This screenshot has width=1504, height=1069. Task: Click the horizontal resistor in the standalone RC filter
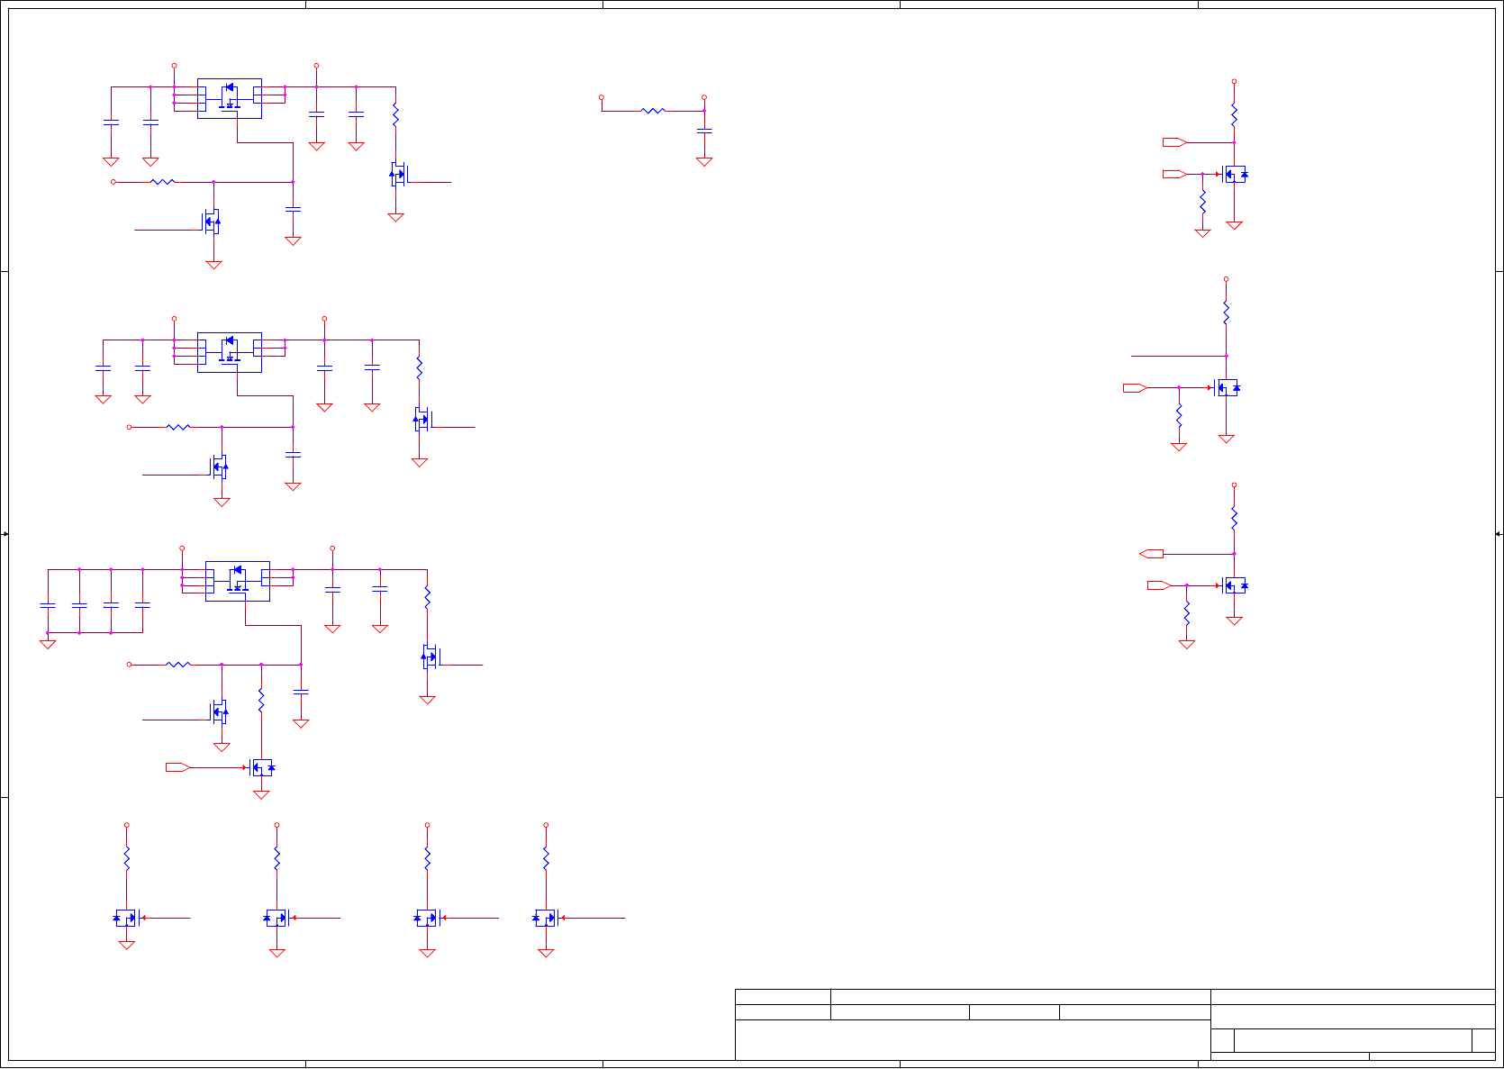point(653,111)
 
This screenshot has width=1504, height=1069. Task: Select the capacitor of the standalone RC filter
point(704,131)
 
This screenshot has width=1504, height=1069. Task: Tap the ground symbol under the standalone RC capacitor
point(704,162)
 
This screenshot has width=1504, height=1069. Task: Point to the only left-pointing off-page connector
point(1151,554)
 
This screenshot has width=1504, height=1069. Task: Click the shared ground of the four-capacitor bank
point(48,644)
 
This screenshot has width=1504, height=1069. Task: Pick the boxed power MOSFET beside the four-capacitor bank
point(238,581)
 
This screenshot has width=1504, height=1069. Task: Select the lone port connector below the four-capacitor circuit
point(177,767)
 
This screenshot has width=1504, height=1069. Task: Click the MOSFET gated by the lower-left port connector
point(261,767)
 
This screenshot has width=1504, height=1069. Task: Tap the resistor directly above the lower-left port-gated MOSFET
point(261,701)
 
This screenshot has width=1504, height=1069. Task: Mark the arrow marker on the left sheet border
point(5,534)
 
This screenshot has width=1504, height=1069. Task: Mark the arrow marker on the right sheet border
point(1499,534)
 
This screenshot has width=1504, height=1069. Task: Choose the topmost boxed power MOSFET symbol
point(230,97)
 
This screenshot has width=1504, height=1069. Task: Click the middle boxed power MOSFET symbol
point(230,351)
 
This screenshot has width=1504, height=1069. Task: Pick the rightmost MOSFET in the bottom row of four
point(546,919)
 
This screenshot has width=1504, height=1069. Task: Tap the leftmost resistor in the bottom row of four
point(127,858)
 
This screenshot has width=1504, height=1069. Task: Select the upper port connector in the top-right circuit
point(1174,142)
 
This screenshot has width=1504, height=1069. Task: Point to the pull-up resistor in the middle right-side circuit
point(1226,313)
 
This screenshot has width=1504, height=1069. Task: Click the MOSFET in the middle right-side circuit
point(1226,388)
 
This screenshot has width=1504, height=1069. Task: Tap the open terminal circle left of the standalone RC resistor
point(602,97)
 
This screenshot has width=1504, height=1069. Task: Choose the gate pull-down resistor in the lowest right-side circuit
point(1187,614)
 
